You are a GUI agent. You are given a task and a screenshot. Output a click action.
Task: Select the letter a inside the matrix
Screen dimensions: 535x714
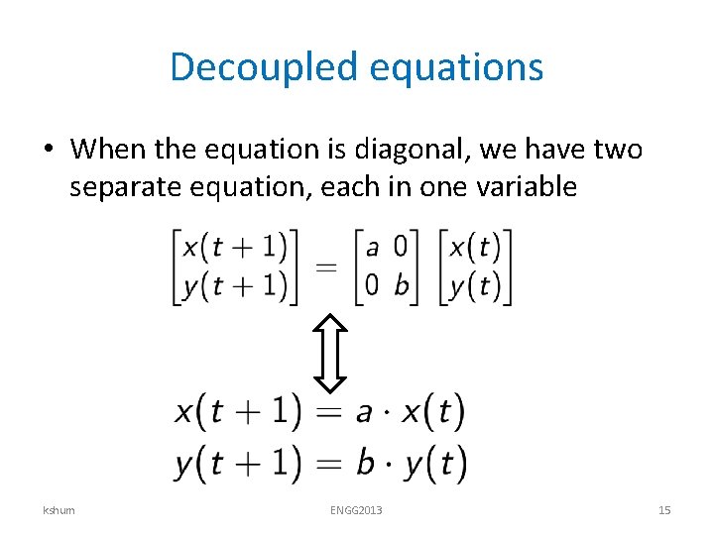click(372, 246)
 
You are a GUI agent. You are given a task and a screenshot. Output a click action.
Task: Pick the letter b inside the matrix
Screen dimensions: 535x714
click(401, 284)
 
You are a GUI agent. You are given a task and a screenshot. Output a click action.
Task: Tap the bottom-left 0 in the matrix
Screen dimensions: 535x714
click(372, 285)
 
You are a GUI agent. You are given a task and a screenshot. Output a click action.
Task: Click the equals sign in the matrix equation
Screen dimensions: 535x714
click(327, 266)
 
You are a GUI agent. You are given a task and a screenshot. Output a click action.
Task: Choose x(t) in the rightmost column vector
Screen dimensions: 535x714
click(475, 246)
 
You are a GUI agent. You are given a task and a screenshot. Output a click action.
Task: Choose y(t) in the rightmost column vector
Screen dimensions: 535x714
click(475, 285)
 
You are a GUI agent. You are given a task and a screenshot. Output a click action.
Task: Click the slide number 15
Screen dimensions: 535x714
click(664, 510)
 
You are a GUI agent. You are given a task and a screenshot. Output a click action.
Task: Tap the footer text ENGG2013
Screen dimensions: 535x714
click(357, 510)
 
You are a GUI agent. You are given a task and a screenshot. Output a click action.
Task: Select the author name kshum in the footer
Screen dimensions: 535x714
click(59, 510)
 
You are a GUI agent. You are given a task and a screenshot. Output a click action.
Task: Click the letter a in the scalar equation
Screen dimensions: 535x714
click(364, 412)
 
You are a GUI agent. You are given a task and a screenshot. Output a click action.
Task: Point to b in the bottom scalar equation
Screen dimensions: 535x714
click(364, 462)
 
